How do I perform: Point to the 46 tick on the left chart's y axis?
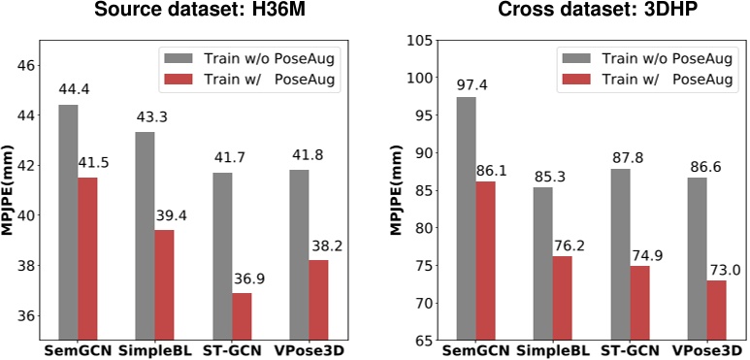tap(24, 65)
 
